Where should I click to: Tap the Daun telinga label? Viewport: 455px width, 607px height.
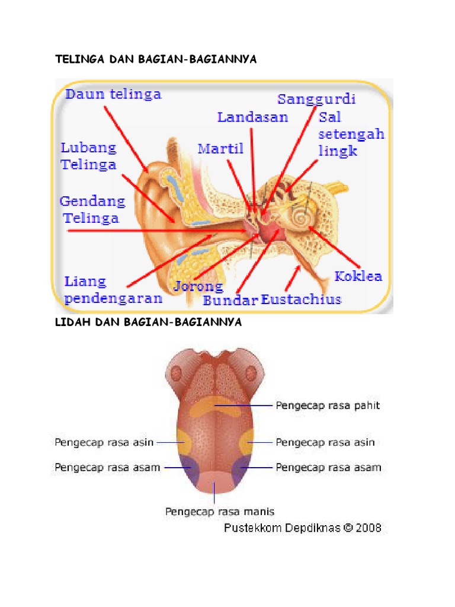(x=113, y=95)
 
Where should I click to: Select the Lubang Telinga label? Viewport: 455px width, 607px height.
(x=88, y=155)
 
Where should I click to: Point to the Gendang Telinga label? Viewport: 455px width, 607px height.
(x=93, y=209)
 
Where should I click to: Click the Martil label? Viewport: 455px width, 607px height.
(x=220, y=148)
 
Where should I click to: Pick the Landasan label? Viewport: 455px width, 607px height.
(x=252, y=117)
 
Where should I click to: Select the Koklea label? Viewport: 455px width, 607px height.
(x=358, y=276)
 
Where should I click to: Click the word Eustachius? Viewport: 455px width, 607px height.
(x=302, y=299)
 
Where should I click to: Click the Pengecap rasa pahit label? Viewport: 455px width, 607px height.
(x=328, y=406)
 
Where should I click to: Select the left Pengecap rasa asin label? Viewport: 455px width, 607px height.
(x=104, y=442)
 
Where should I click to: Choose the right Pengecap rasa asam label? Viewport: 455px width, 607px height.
(x=328, y=467)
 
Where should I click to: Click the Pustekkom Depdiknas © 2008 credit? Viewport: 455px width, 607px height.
(x=303, y=527)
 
